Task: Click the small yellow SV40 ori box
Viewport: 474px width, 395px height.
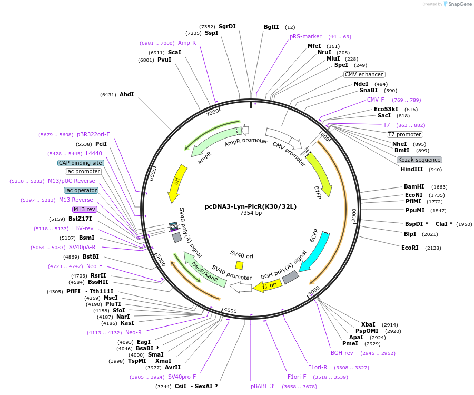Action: coord(239,265)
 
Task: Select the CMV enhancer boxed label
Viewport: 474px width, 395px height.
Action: coord(364,74)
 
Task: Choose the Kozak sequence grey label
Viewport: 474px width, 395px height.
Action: coord(419,160)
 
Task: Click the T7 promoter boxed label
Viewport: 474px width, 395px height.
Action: coord(404,134)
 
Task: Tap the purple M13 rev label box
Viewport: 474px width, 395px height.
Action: coord(85,209)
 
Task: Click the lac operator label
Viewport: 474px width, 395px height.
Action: coord(81,190)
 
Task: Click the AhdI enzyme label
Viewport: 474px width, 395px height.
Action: coord(126,95)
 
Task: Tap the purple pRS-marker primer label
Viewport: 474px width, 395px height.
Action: coord(305,37)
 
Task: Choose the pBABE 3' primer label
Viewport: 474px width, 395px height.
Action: coord(263,386)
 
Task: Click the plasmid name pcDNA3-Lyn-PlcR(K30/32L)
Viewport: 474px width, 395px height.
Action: coord(251,206)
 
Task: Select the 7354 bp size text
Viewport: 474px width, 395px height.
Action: coord(251,213)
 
